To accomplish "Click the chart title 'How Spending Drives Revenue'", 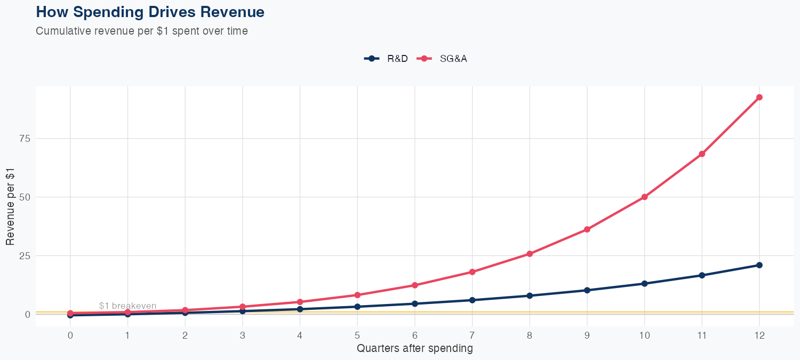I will click(x=150, y=12).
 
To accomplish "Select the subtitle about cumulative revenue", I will click(x=141, y=31).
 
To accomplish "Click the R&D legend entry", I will click(x=386, y=59).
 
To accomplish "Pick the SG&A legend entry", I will click(x=444, y=59).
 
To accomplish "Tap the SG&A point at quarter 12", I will click(x=759, y=97).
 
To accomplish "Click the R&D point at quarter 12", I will click(x=759, y=265).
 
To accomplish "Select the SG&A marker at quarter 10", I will click(x=644, y=197).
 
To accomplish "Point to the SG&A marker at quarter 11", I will click(x=702, y=154).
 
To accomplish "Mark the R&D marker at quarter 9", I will click(x=587, y=290).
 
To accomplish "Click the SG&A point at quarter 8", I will click(x=530, y=254).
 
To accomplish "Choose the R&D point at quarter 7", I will click(x=472, y=300).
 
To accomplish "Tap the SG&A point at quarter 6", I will click(x=414, y=285).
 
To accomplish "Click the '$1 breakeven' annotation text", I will click(x=127, y=306).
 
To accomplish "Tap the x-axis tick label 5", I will click(x=357, y=335).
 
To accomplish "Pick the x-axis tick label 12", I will click(x=759, y=335).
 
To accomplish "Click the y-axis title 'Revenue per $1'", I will click(x=10, y=206).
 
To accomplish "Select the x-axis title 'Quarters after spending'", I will click(x=414, y=349).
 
